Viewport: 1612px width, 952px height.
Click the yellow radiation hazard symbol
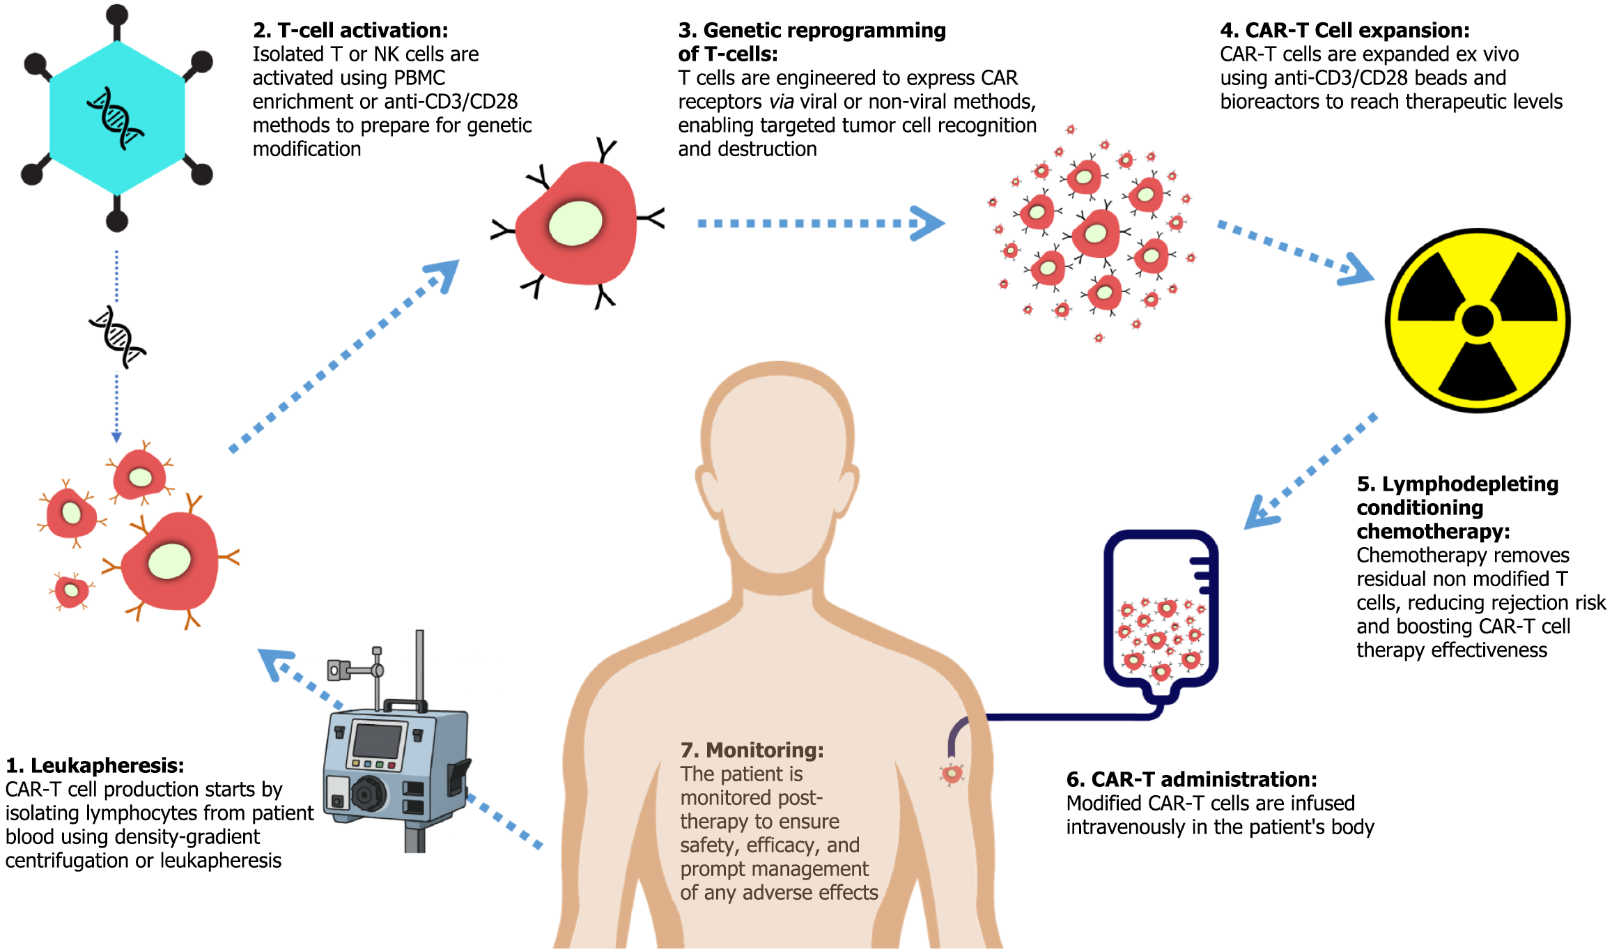(x=1477, y=321)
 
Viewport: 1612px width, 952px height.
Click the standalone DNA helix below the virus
(x=117, y=337)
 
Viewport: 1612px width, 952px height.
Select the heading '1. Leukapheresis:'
(x=95, y=765)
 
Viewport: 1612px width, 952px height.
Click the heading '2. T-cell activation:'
(x=350, y=30)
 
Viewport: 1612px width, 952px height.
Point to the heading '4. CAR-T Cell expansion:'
(x=1344, y=30)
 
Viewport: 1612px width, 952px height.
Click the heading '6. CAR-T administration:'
(x=1191, y=779)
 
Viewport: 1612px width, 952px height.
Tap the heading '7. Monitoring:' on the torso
(x=752, y=750)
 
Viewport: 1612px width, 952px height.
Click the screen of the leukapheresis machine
(x=377, y=741)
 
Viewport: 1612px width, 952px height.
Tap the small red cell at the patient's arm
(x=952, y=773)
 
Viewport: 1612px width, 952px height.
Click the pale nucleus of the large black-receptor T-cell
(x=575, y=223)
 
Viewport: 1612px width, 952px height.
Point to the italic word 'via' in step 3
(x=781, y=102)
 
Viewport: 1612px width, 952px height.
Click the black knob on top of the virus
(x=117, y=14)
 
